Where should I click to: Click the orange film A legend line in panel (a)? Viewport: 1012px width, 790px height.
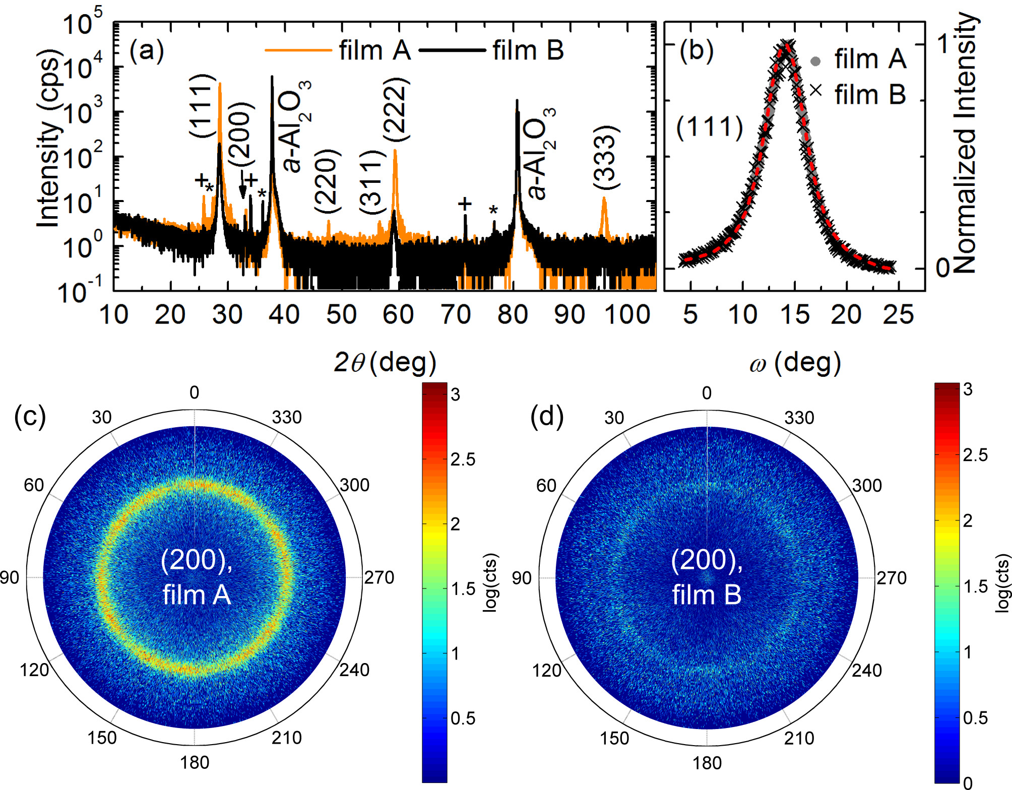(298, 50)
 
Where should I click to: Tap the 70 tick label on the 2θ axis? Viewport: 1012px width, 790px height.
(456, 315)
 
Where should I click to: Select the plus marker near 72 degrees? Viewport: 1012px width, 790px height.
(465, 204)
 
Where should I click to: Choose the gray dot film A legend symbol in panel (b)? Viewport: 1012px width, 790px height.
(815, 61)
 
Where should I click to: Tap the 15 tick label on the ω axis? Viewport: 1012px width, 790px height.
(795, 315)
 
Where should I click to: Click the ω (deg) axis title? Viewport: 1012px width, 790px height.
(795, 363)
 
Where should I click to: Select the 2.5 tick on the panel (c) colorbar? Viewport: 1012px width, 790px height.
(463, 459)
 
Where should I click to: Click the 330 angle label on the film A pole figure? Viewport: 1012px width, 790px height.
(287, 418)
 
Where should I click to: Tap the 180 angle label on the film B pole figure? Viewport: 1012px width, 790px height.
(707, 763)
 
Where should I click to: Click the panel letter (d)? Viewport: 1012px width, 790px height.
(547, 417)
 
